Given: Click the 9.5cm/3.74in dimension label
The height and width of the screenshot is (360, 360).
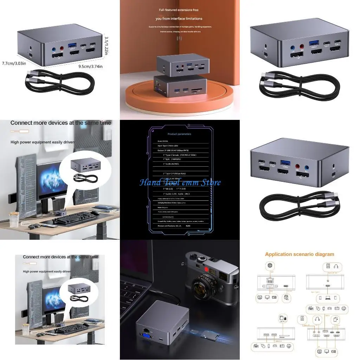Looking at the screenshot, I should pyautogui.click(x=90, y=66).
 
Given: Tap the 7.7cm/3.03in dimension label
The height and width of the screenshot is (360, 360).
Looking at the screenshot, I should pyautogui.click(x=14, y=63).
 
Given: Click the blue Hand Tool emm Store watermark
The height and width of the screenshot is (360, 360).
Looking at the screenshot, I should pyautogui.click(x=180, y=182).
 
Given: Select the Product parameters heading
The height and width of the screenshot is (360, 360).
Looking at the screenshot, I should pyautogui.click(x=179, y=134).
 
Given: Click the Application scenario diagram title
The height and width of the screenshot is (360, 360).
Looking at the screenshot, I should pyautogui.click(x=300, y=254).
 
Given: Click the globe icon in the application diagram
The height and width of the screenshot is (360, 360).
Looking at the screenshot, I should pyautogui.click(x=270, y=266).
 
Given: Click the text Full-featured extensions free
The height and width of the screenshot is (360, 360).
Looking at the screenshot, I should pyautogui.click(x=179, y=10).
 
